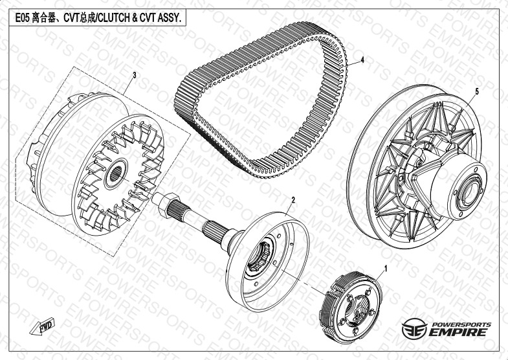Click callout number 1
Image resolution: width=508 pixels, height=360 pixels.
tap(386, 269)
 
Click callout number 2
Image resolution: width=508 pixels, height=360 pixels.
tap(293, 200)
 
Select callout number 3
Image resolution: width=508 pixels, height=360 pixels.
tap(135, 76)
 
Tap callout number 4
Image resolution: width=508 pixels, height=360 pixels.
tap(362, 60)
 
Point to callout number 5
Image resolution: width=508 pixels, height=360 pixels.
tap(477, 92)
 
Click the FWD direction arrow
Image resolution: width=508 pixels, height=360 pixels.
tap(43, 326)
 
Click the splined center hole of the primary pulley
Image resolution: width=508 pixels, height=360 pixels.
tap(116, 174)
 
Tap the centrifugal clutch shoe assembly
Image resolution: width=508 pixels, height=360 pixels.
tap(351, 307)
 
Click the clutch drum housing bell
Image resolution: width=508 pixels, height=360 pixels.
tap(267, 262)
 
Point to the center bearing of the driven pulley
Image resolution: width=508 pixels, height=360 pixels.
tap(470, 194)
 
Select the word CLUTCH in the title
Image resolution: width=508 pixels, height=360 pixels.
tap(113, 18)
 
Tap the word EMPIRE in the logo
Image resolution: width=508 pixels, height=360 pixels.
tap(458, 332)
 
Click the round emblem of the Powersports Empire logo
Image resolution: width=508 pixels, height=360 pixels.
tap(414, 328)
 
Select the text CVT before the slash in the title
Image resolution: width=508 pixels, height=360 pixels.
tap(71, 18)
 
